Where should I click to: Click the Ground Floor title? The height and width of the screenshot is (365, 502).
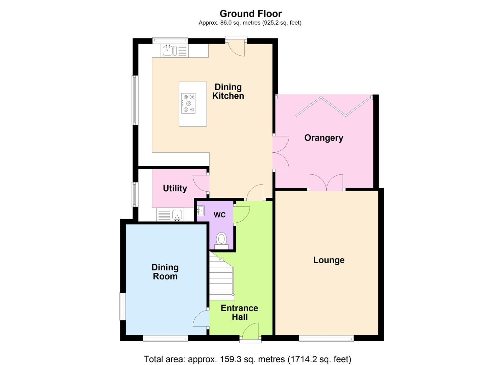(x=250, y=14)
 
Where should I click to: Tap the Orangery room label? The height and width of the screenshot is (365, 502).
(x=324, y=138)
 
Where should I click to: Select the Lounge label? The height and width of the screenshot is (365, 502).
(x=329, y=260)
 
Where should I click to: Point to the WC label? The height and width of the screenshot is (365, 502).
(x=219, y=215)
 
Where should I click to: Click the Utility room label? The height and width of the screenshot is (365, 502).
(x=175, y=188)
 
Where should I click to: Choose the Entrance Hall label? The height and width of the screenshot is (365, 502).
(x=239, y=313)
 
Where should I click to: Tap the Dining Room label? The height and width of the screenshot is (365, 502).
(x=165, y=272)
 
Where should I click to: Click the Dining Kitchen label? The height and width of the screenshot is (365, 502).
(x=228, y=91)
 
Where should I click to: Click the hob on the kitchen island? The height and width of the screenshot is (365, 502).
(x=188, y=103)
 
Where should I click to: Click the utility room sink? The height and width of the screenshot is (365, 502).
(x=177, y=215)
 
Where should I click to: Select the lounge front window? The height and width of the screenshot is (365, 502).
(x=326, y=338)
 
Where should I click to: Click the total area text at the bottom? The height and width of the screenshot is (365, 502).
(x=247, y=359)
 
